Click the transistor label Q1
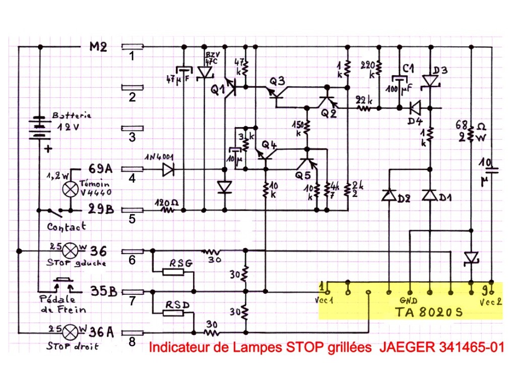(217, 90)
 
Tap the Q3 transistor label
(277, 81)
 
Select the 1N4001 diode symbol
(168, 170)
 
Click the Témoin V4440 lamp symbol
(69, 189)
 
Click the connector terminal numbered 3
(133, 129)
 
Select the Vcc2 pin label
(491, 302)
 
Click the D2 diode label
(403, 198)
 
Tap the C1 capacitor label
(408, 67)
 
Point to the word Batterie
(72, 115)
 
